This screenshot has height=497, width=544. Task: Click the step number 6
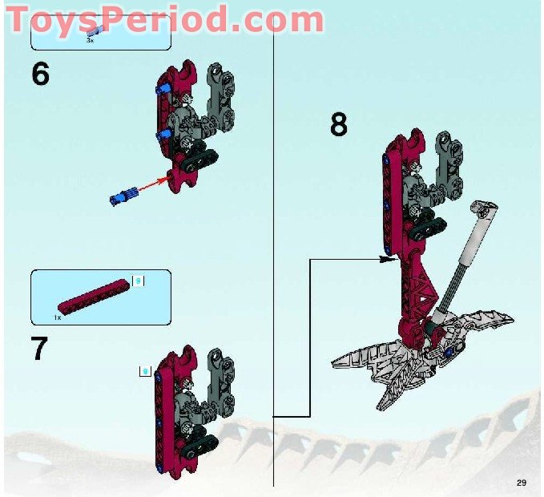point(41,74)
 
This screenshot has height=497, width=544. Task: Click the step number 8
point(339,125)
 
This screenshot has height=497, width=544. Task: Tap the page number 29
point(522,482)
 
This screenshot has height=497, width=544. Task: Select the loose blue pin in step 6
point(122,196)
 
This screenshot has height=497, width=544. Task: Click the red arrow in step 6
point(157,185)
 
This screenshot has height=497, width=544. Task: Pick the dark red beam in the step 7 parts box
point(93,295)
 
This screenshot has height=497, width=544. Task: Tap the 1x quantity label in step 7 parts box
point(58,317)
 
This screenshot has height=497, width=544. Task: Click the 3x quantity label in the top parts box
point(91,38)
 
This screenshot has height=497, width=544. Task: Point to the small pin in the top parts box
point(95,30)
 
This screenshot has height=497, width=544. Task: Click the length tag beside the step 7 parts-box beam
point(138,281)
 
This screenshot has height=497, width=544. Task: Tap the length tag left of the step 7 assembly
point(145,370)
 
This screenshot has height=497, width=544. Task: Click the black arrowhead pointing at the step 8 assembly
point(389,259)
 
